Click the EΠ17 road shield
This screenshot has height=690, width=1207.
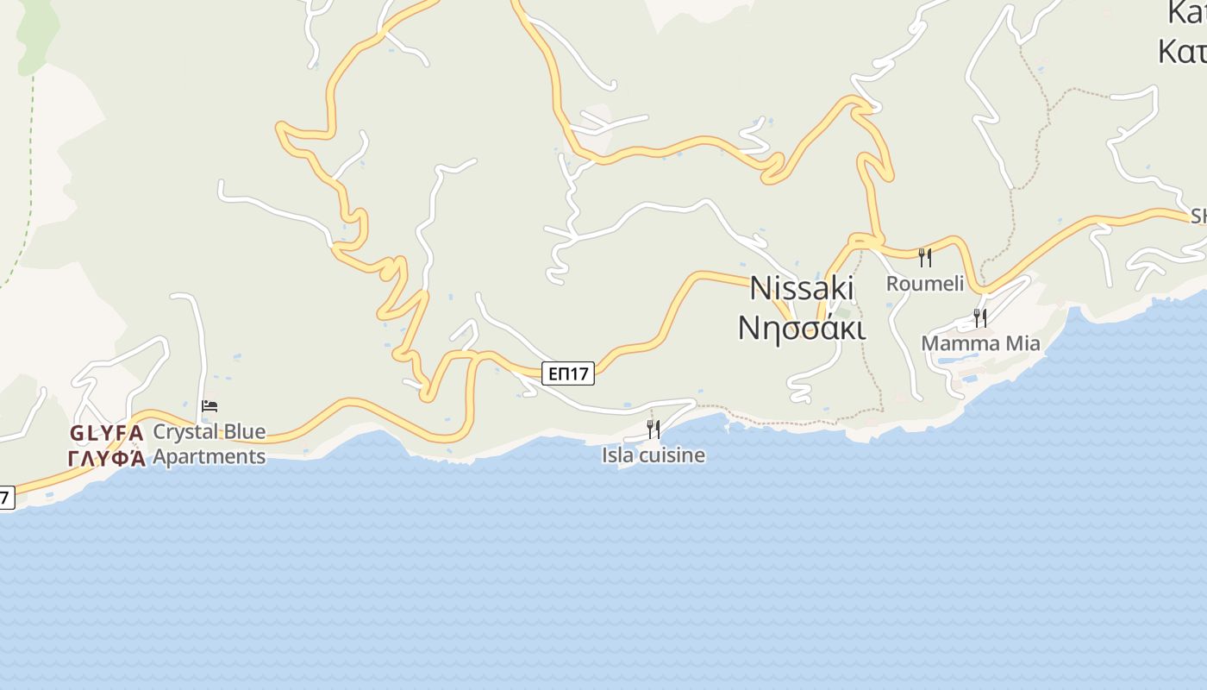tap(569, 373)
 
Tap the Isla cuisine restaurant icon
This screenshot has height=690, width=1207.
tap(654, 429)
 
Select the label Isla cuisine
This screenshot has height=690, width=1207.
tap(654, 455)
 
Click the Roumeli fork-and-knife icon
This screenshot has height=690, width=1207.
tap(925, 257)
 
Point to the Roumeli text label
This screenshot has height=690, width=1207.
tap(925, 284)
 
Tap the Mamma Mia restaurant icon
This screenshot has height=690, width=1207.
tap(980, 317)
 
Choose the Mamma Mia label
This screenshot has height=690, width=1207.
tap(980, 343)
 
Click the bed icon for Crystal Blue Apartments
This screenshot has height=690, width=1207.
tap(210, 405)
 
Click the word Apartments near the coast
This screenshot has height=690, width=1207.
tap(210, 456)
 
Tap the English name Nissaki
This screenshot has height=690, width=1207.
tap(802, 288)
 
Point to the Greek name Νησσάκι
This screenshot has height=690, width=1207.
tap(802, 328)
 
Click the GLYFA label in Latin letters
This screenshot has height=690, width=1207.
tap(106, 433)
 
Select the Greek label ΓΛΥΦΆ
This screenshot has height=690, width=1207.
tap(106, 458)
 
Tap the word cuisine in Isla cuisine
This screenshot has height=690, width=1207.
tap(673, 455)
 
